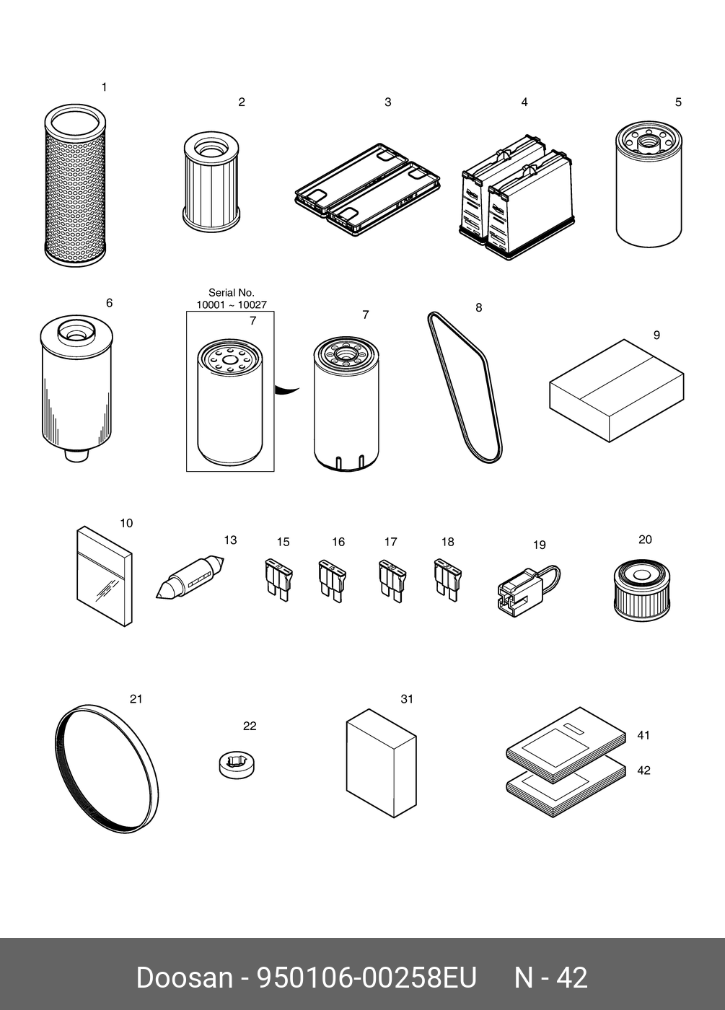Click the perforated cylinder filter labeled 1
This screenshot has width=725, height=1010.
(76, 185)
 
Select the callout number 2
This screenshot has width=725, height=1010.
(242, 102)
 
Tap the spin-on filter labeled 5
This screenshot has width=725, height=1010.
(649, 184)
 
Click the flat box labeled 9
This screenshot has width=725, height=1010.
(616, 390)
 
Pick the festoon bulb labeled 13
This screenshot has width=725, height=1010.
(190, 578)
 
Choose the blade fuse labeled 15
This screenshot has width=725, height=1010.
(278, 580)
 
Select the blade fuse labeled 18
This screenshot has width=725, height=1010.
(447, 580)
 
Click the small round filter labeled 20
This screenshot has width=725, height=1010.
(641, 591)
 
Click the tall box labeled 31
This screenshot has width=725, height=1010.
(382, 763)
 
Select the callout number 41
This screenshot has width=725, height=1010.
(643, 735)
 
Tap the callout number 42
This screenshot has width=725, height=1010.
(643, 770)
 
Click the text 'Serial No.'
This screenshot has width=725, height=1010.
(232, 293)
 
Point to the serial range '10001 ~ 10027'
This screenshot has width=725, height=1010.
(232, 304)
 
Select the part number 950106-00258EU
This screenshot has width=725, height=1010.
(366, 978)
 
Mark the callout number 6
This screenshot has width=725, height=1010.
(109, 303)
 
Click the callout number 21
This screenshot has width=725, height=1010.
(136, 699)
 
